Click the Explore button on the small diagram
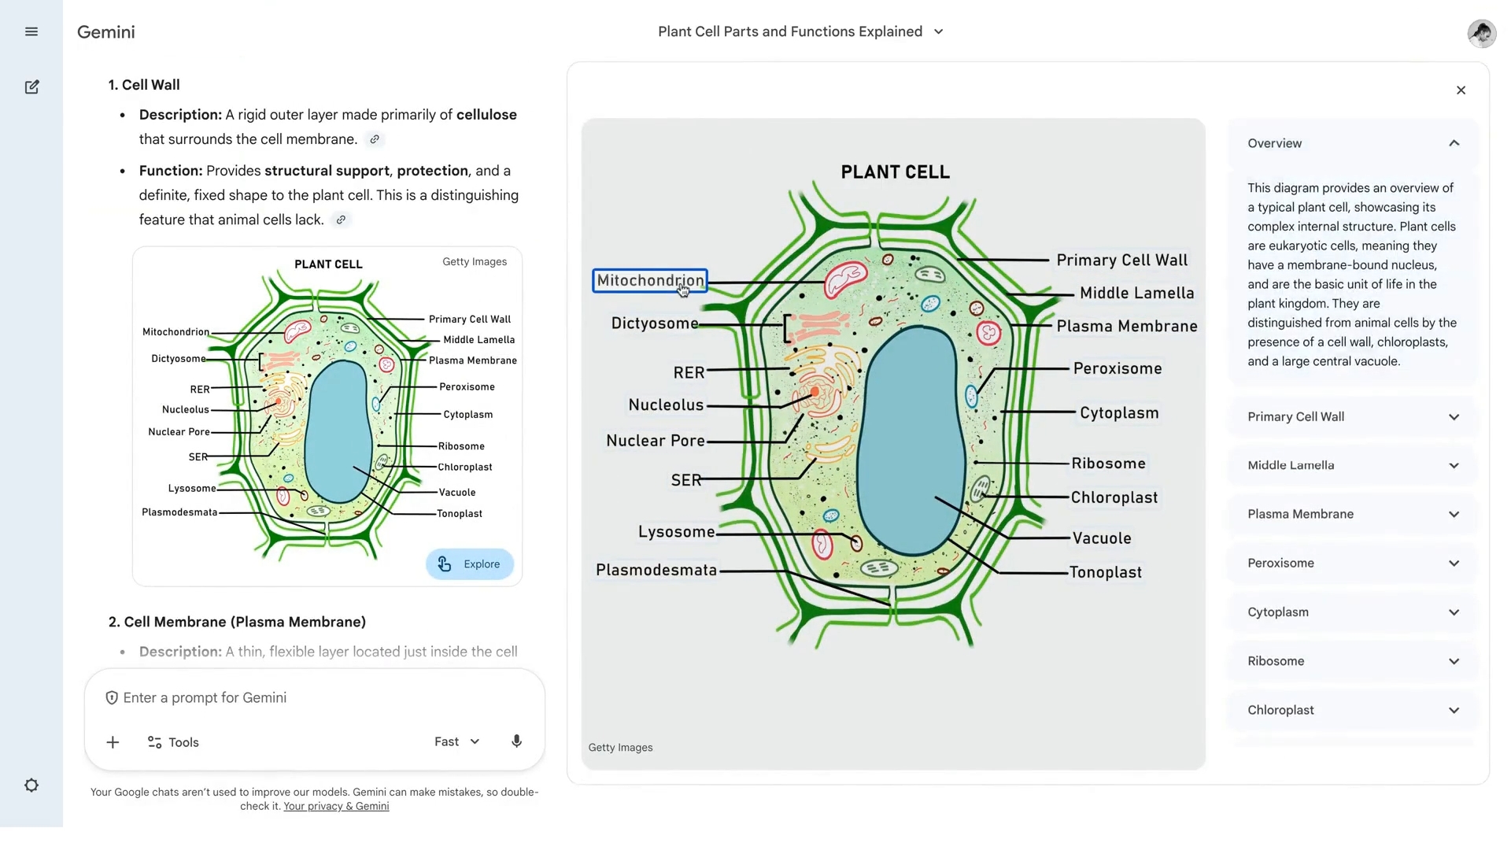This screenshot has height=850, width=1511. point(470,564)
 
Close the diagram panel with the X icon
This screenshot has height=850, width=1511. point(1461,91)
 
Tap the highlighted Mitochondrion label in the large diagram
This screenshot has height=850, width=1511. point(650,281)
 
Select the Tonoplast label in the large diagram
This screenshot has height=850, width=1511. point(1106,573)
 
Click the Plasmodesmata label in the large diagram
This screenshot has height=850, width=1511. point(656,571)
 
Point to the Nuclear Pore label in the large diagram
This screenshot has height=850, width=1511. point(656,442)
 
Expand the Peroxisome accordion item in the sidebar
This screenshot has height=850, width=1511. point(1353,564)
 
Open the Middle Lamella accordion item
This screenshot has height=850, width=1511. point(1353,466)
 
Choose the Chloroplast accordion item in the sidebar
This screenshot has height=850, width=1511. point(1353,710)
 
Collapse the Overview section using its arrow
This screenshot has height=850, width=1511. point(1454,143)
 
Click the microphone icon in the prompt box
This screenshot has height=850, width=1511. point(516,741)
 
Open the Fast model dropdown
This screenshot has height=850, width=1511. point(457,742)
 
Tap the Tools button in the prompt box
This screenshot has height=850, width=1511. point(173,742)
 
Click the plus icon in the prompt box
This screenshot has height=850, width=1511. point(113,742)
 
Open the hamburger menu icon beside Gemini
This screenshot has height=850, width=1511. point(31,32)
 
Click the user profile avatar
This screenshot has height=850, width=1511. point(1481,33)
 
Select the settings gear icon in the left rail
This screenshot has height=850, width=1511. point(31,785)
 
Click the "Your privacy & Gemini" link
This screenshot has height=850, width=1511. point(336,807)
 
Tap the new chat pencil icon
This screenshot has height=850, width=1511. point(31,87)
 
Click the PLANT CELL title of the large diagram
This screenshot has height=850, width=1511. point(895,172)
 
